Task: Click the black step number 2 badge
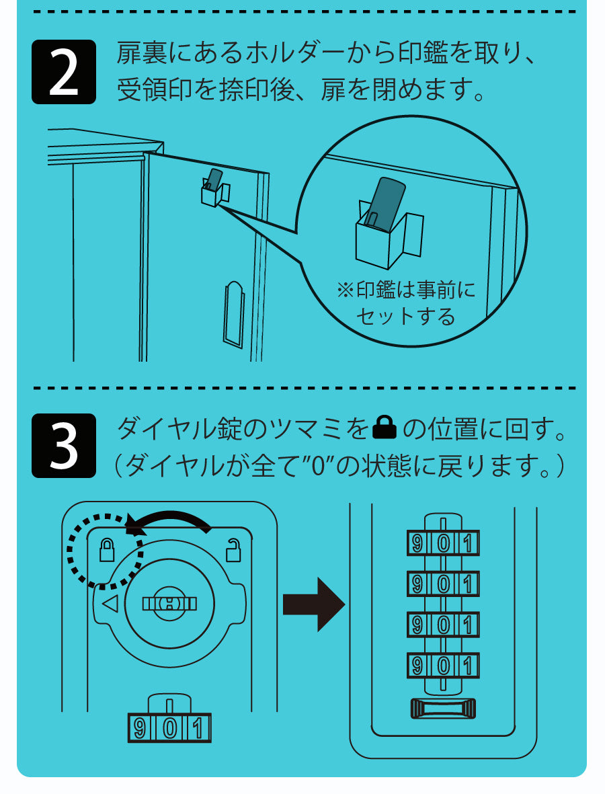tap(64, 72)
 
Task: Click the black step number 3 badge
tap(64, 445)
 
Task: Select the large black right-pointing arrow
tap(313, 604)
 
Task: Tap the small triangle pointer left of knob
tap(110, 604)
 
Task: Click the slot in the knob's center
tap(169, 603)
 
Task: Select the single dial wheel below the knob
tap(169, 727)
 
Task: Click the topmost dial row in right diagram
tap(442, 543)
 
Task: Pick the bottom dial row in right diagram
tap(442, 666)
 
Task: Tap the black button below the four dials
tap(442, 708)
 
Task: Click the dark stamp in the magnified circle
tap(384, 203)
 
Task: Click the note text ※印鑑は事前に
tap(405, 290)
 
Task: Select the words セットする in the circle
tap(405, 316)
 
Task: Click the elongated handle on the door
tap(233, 314)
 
